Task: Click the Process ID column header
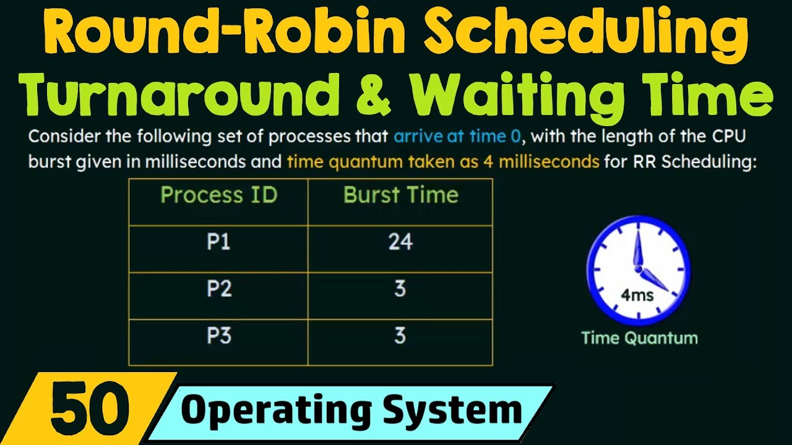[218, 195]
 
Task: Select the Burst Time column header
[401, 195]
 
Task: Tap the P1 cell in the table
[218, 242]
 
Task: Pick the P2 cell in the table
[218, 289]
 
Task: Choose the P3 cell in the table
[218, 336]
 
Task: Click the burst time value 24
[400, 242]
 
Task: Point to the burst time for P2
[400, 289]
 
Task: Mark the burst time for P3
[400, 336]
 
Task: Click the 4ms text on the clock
[637, 295]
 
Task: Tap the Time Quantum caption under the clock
[639, 338]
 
